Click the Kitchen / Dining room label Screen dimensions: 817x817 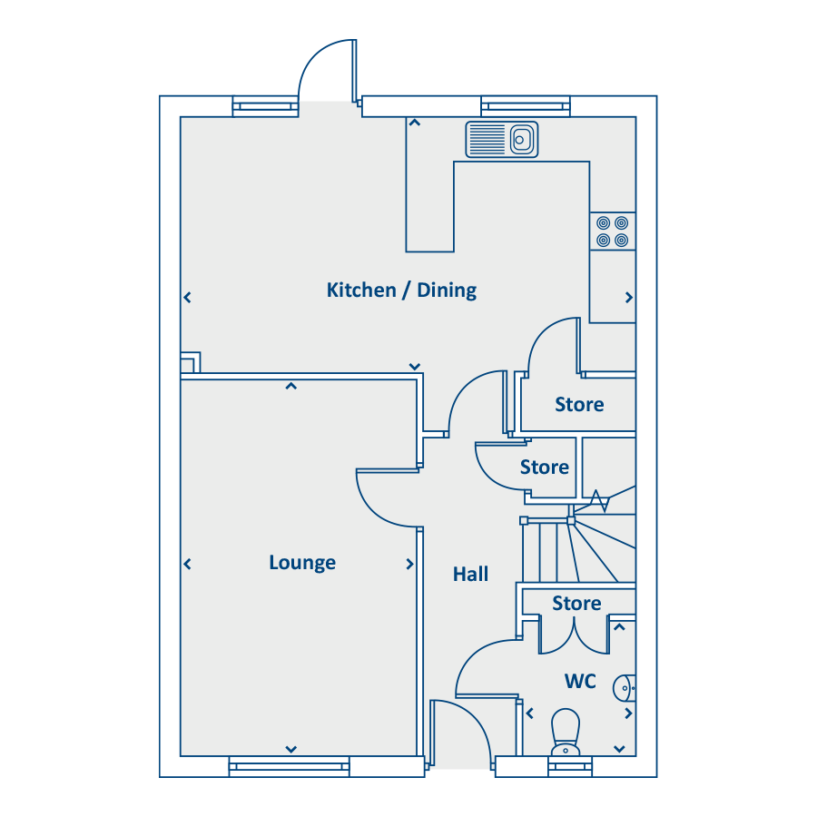[x=401, y=290]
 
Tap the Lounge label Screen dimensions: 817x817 [x=302, y=563]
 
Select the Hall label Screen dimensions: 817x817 [x=470, y=575]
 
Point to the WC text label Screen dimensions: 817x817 [x=580, y=681]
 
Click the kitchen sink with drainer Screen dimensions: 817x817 [x=502, y=140]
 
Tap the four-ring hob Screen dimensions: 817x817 [x=612, y=231]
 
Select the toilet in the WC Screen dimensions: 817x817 [x=566, y=732]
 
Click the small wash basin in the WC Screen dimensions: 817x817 [x=625, y=688]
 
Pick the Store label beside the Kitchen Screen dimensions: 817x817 [x=579, y=404]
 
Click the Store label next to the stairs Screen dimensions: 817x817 [x=545, y=468]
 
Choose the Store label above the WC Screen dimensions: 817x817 [x=576, y=604]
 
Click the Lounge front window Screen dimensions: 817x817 [x=290, y=766]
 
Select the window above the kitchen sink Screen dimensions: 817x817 [x=526, y=106]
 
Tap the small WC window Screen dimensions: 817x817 [x=570, y=766]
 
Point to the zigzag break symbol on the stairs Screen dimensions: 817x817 [x=599, y=501]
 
